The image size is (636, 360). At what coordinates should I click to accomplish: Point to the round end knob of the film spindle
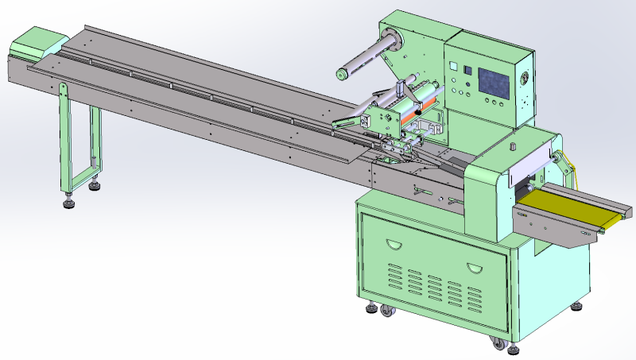(x=341, y=75)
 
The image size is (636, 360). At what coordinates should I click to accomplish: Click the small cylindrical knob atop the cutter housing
(x=514, y=146)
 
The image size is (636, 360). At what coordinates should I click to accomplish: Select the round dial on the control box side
(x=524, y=79)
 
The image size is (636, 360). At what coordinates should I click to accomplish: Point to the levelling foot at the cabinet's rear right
(x=576, y=304)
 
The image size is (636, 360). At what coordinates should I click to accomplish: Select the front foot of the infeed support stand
(x=68, y=202)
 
